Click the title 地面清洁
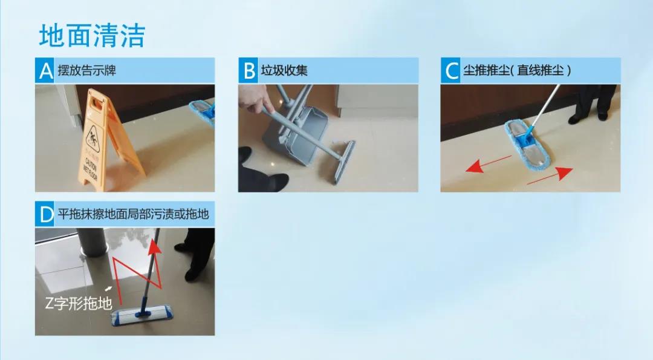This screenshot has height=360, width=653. pyautogui.click(x=92, y=35)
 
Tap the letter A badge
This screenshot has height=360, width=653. pyautogui.click(x=45, y=70)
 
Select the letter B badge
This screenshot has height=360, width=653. pyautogui.click(x=248, y=70)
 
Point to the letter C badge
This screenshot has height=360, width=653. pyautogui.click(x=450, y=70)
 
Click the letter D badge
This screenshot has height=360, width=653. pyautogui.click(x=45, y=214)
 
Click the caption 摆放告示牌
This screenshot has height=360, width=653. pyautogui.click(x=87, y=70)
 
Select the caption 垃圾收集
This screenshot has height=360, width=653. pyautogui.click(x=284, y=70)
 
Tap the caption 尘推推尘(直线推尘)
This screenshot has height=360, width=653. pyautogui.click(x=517, y=70)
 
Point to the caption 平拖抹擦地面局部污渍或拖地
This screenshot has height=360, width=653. pyautogui.click(x=133, y=214)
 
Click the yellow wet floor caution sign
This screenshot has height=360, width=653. pyautogui.click(x=108, y=140)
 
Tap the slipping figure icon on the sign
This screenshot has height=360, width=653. pyautogui.click(x=93, y=140)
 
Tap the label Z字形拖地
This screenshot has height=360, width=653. pyautogui.click(x=78, y=303)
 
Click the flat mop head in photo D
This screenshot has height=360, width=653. pyautogui.click(x=141, y=315)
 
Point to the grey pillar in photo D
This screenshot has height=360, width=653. pyautogui.click(x=93, y=241)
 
